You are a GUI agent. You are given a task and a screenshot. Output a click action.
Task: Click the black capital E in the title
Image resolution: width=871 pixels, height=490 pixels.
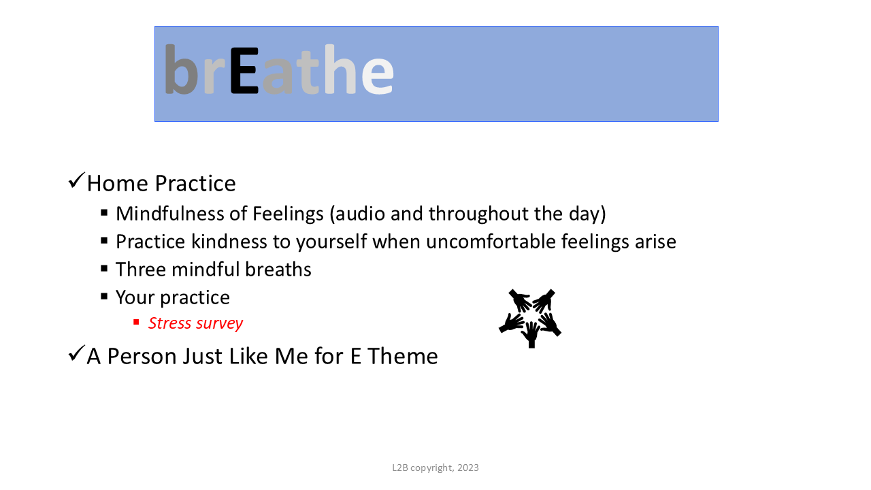(244, 70)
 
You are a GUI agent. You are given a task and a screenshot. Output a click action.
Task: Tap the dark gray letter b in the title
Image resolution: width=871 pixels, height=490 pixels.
(181, 69)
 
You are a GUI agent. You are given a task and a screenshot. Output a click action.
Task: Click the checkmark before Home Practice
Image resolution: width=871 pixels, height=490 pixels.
(76, 180)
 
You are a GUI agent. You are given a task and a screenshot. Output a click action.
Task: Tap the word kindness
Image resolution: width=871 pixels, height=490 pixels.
(229, 241)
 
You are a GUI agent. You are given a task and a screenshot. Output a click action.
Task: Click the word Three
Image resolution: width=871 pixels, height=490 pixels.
(141, 269)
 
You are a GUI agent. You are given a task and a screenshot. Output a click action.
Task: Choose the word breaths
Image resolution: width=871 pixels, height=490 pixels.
(278, 269)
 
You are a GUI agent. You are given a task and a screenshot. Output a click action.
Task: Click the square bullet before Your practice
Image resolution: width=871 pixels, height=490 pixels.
(104, 296)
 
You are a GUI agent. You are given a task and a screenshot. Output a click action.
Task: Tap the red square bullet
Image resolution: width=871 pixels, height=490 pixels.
(136, 322)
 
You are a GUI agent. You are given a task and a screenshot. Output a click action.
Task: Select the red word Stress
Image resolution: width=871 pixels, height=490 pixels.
(169, 323)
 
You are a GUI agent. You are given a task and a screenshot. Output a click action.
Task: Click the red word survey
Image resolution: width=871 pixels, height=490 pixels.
(219, 324)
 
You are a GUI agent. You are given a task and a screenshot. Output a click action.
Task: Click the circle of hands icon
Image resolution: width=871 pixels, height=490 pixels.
(530, 318)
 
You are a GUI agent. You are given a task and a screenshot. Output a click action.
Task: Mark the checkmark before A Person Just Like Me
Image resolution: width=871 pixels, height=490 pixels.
(76, 353)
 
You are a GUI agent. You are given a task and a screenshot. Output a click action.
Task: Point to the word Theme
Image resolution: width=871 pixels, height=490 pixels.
(402, 356)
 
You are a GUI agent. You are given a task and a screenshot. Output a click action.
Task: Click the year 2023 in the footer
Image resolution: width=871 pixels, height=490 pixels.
(467, 468)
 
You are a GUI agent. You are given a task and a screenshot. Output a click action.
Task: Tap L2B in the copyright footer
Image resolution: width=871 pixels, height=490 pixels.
(400, 468)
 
